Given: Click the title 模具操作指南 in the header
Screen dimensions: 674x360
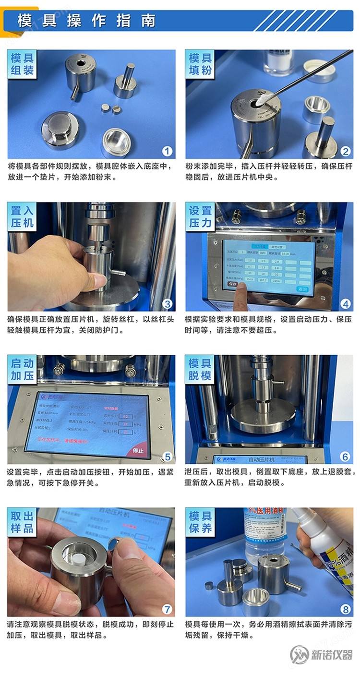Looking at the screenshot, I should click(86, 21).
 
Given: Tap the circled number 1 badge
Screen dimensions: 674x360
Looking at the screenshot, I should click(167, 151).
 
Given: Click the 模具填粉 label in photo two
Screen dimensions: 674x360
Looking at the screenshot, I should click(200, 64).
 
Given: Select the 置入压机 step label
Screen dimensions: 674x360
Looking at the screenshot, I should click(22, 217).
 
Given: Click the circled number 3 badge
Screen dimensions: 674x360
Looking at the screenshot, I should click(167, 303).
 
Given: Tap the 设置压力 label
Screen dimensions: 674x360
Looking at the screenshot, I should click(200, 217).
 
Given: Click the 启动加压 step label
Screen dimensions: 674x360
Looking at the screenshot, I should click(22, 369).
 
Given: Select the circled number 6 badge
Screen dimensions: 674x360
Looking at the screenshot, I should click(345, 457).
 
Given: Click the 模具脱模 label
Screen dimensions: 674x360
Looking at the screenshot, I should click(200, 369).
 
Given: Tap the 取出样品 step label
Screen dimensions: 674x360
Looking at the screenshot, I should click(22, 522).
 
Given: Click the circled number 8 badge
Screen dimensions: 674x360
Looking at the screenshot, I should click(345, 609).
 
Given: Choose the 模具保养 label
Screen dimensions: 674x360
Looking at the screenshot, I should click(200, 522).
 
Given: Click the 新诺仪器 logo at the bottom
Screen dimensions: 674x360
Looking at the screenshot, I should click(322, 654).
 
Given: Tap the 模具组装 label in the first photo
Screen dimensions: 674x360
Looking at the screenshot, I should click(22, 64).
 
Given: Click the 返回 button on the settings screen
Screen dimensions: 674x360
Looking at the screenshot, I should click(302, 289).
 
